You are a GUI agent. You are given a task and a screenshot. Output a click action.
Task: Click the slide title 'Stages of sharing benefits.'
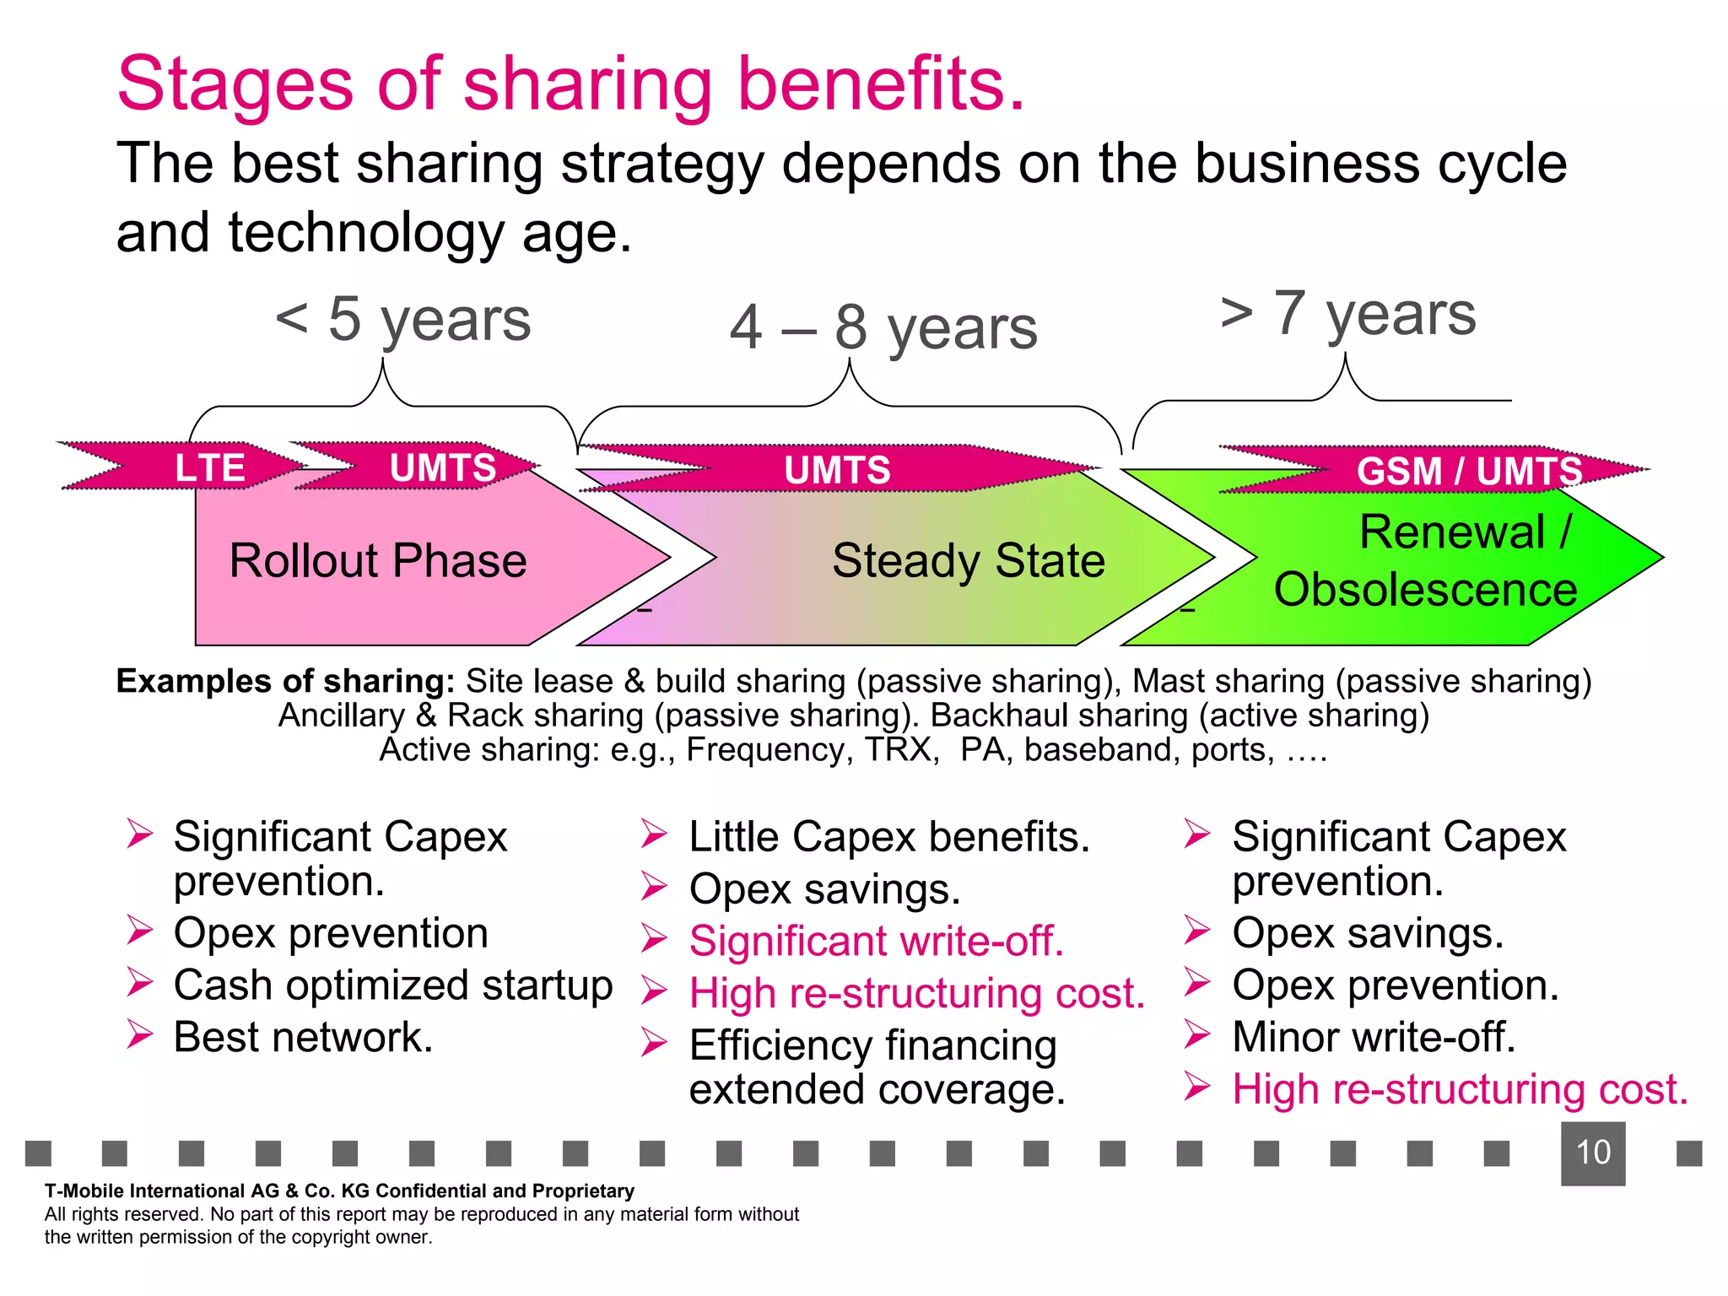tap(570, 84)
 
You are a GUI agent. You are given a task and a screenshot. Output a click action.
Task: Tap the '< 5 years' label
tap(403, 321)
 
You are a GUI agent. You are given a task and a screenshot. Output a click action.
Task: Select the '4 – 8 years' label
tap(883, 328)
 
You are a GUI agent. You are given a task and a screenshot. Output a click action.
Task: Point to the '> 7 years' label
tap(1347, 314)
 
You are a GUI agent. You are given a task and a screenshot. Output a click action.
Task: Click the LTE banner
tap(209, 467)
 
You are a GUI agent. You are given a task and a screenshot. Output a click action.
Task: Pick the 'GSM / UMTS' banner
tap(1468, 471)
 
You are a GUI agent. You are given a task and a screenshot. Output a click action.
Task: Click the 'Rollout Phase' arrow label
tap(378, 561)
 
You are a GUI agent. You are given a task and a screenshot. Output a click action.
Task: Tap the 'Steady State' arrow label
tap(968, 561)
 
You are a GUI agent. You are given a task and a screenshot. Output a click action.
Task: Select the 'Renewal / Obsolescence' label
tap(1426, 560)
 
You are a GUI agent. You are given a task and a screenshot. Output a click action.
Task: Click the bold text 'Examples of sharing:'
tap(285, 681)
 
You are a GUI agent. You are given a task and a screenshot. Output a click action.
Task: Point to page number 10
tap(1592, 1153)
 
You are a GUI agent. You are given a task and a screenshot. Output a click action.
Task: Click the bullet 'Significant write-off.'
tap(876, 941)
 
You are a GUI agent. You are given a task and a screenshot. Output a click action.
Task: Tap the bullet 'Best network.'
tap(303, 1037)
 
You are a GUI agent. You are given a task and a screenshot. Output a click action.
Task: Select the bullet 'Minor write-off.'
tap(1373, 1037)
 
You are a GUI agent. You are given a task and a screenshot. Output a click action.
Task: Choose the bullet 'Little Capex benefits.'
tap(889, 837)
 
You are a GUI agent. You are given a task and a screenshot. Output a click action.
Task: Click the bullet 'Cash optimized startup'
tap(392, 985)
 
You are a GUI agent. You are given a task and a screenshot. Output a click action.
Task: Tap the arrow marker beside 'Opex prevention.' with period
tap(1196, 983)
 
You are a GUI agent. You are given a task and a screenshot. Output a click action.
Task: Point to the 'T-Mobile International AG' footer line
tap(339, 1191)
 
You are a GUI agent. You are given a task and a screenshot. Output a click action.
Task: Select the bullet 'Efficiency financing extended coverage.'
tap(876, 1067)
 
